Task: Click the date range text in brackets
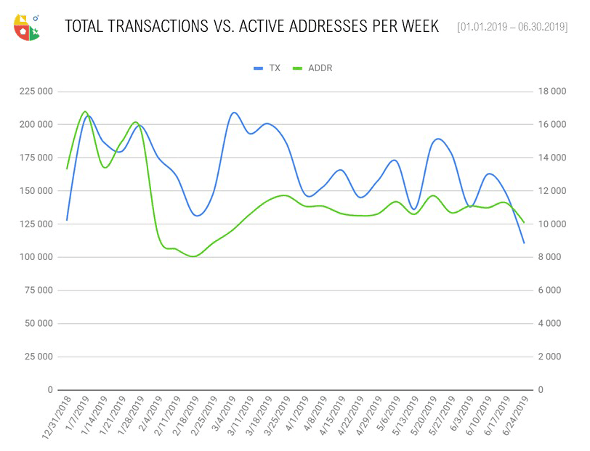512,28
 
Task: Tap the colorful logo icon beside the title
27,27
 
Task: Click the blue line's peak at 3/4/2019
233,113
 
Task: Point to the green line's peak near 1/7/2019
85,111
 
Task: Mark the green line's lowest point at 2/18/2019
194,256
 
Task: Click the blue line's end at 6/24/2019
524,243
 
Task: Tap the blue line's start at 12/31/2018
67,219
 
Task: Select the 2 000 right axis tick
551,357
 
